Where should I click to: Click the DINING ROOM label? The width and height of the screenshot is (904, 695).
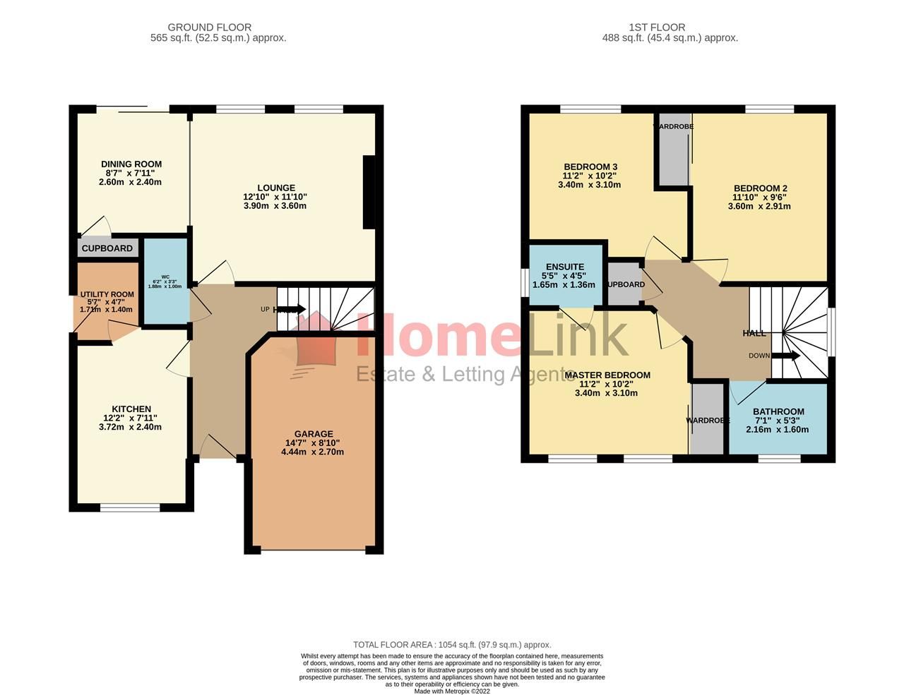(x=131, y=164)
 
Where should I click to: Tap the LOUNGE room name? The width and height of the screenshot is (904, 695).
(x=275, y=188)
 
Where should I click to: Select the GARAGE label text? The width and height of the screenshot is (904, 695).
(x=314, y=434)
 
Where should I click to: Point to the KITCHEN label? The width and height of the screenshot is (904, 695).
(x=131, y=409)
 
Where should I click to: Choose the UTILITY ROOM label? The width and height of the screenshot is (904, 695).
(x=107, y=295)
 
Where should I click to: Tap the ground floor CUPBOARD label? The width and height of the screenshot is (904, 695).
(x=107, y=248)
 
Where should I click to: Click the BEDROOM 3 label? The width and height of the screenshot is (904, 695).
(x=590, y=167)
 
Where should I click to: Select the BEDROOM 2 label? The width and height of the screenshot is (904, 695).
(x=760, y=188)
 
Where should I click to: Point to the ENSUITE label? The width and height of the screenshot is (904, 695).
(x=565, y=267)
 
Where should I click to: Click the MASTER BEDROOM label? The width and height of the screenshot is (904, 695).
(x=607, y=375)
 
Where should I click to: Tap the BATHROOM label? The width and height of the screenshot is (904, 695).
(x=778, y=412)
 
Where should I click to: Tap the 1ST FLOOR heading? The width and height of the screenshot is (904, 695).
(x=657, y=28)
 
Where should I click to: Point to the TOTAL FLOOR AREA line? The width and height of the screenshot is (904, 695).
(x=452, y=645)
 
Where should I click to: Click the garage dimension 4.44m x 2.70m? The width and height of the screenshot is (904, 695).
(x=312, y=452)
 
